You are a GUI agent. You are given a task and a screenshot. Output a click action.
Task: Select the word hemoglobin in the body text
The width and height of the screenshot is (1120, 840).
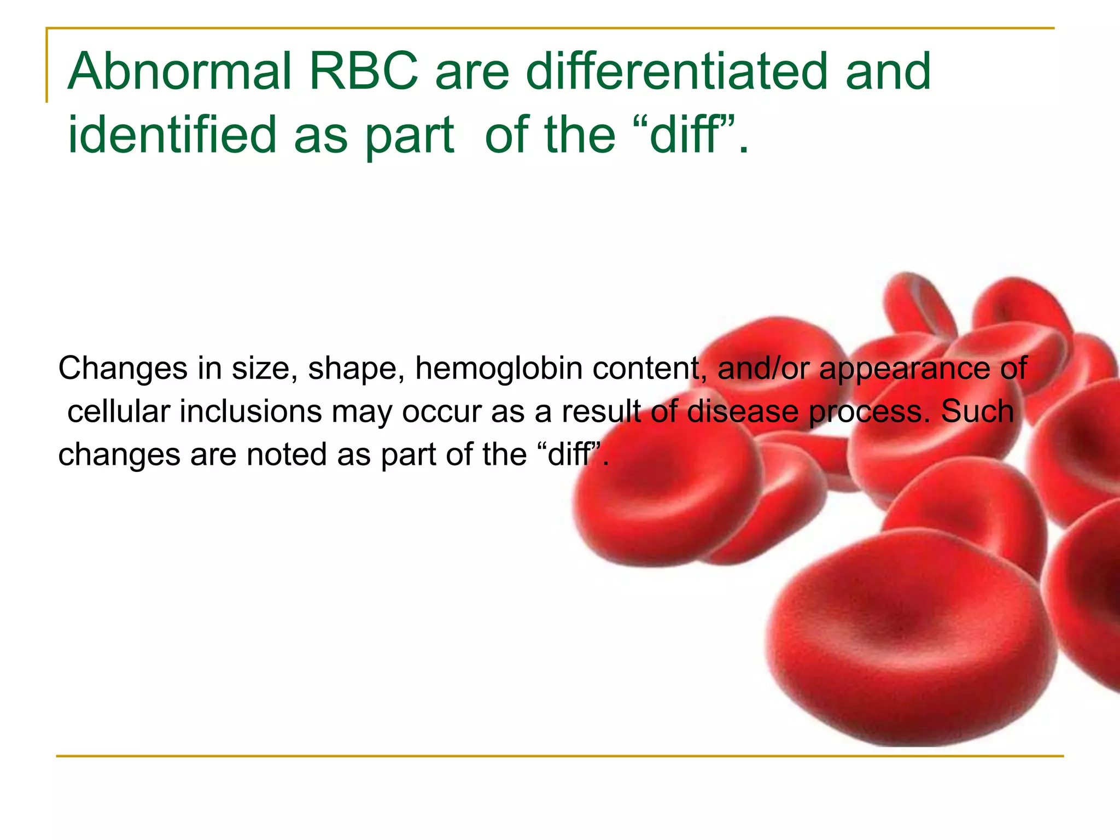(498, 368)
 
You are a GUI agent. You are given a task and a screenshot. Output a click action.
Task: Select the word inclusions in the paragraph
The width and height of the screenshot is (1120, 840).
(250, 411)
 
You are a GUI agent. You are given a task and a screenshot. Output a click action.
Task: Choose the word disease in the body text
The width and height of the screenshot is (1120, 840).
(742, 411)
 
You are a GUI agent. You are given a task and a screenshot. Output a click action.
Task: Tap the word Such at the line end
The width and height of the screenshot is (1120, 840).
(977, 411)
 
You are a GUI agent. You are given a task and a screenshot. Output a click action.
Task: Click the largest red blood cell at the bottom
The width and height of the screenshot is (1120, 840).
(908, 640)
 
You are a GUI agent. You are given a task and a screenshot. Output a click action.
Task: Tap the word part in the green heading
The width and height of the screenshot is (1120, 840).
(410, 136)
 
